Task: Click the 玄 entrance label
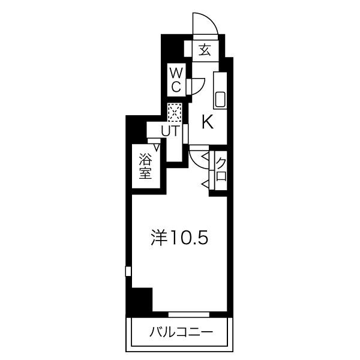[205, 50]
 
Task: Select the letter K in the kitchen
[208, 122]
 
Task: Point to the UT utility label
[169, 131]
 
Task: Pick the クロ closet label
[221, 170]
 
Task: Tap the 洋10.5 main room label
[179, 238]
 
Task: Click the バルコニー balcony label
[181, 332]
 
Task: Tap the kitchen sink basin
[220, 99]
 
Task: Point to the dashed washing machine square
[175, 113]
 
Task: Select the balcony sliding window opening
[189, 314]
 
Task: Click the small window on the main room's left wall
[128, 271]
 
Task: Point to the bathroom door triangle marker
[157, 147]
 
